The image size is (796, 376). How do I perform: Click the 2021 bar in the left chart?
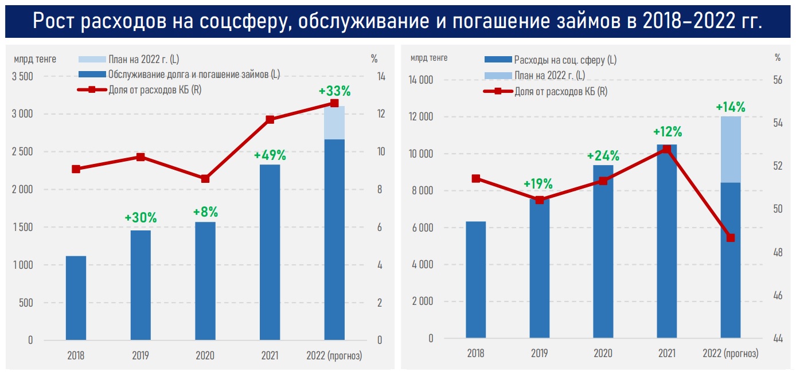pos(270,252)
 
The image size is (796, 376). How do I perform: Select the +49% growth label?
pos(270,155)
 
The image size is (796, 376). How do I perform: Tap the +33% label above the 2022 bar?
pos(334,91)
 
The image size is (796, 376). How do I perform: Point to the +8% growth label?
pos(205,212)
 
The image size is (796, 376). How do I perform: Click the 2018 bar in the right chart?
pos(475,280)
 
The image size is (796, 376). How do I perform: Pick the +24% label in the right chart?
pos(603,156)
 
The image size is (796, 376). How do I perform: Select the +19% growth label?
pos(539,184)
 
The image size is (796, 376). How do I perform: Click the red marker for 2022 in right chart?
pos(730,238)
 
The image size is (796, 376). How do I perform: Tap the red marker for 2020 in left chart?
pos(205,179)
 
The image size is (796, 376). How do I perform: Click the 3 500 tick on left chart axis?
pos(23,77)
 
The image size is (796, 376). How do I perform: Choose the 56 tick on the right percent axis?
pos(778,80)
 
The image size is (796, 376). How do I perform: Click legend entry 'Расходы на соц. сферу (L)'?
pos(565,60)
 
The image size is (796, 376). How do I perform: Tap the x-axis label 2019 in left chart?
pos(140,355)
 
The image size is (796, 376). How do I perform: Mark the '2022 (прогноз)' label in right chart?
pos(730,354)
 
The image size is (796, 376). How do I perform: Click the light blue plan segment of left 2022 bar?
pos(334,123)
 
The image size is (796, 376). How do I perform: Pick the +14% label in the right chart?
pos(730,107)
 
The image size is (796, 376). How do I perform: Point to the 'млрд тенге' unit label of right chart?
pos(428,57)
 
